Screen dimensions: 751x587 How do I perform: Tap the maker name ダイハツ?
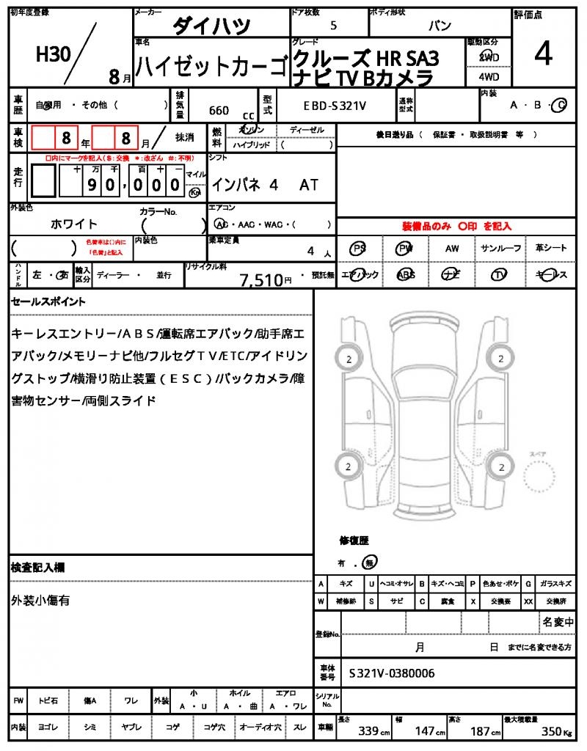[x=211, y=26]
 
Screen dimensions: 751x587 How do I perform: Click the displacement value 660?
[x=219, y=111]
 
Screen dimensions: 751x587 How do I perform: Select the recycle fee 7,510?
[x=261, y=279]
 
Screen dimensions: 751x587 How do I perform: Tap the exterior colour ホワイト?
[x=74, y=224]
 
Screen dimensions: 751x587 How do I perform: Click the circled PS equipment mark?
[x=358, y=249]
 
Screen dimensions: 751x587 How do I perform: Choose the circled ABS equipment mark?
[x=405, y=274]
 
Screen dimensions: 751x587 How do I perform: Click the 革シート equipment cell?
[x=551, y=249]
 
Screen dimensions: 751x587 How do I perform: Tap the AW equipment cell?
[x=452, y=249]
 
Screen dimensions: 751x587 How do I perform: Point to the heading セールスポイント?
[x=48, y=301]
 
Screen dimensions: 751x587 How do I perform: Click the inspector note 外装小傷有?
[x=40, y=600]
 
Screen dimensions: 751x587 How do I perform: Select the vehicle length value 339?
[x=368, y=732]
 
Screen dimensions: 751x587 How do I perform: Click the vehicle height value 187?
[x=480, y=732]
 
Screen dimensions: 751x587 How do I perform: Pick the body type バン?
[x=440, y=26]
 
